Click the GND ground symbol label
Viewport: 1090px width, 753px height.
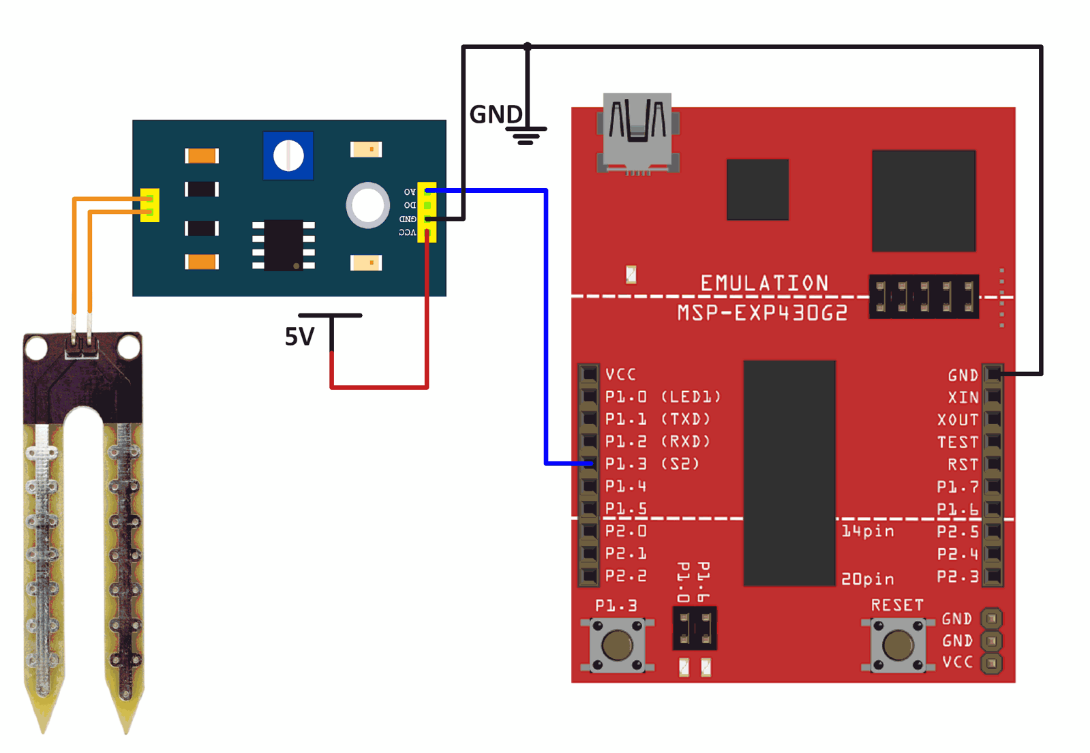[496, 114]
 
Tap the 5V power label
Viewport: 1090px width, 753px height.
[299, 337]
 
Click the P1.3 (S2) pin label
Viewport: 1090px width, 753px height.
[651, 464]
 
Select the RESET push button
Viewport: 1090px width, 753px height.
[898, 645]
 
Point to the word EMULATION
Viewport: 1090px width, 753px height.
[764, 283]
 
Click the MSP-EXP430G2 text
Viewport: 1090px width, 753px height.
[762, 313]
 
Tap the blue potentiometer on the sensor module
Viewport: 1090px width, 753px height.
[288, 155]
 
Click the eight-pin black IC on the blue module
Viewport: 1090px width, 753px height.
[284, 245]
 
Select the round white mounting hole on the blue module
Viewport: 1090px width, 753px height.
[368, 204]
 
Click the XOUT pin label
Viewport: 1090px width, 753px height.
[957, 420]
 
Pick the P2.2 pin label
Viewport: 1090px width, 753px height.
[626, 577]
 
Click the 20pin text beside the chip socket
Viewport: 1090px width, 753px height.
[867, 579]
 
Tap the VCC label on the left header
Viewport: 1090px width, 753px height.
[620, 374]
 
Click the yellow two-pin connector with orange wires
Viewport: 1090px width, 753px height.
[151, 205]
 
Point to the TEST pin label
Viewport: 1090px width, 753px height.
[957, 442]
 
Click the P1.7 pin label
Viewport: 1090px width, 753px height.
[957, 487]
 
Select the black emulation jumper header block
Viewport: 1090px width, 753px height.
[923, 297]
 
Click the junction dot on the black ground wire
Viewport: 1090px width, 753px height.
[528, 46]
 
